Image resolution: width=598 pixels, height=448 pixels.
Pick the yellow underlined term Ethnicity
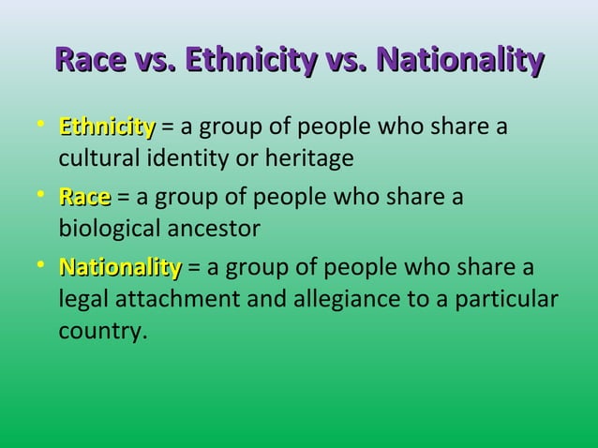(x=107, y=127)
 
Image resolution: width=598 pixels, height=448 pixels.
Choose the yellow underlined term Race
(x=84, y=198)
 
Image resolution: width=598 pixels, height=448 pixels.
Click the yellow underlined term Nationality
(x=120, y=269)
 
